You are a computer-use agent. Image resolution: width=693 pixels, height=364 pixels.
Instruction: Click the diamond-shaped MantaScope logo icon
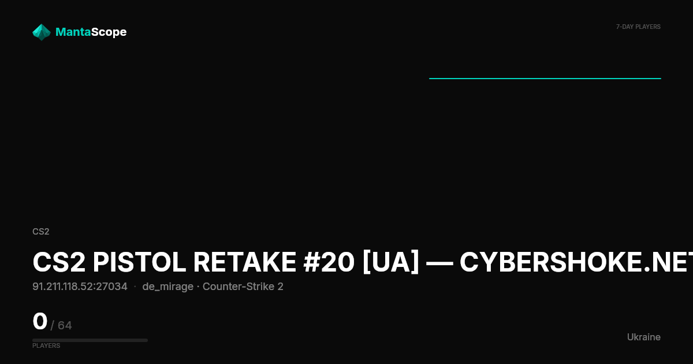click(42, 32)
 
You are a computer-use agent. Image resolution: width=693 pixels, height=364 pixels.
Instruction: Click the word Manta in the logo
click(73, 32)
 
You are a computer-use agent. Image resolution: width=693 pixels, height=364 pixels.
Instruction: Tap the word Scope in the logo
click(109, 32)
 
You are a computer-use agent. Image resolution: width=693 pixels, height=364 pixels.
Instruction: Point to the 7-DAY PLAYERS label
click(638, 27)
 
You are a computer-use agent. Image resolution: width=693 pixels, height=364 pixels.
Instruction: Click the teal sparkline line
click(545, 79)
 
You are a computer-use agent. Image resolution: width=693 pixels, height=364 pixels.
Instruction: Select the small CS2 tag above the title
click(41, 232)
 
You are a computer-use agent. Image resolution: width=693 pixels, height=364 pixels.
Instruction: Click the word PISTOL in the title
click(139, 262)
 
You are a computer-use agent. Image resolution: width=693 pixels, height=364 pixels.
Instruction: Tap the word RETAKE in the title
click(245, 262)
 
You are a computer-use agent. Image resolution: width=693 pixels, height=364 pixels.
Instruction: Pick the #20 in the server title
click(329, 262)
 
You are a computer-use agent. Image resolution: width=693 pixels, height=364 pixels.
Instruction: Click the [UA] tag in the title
click(391, 262)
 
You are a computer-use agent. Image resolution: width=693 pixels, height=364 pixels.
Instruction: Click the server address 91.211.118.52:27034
click(80, 287)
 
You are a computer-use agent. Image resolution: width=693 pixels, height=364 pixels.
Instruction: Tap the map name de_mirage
click(167, 287)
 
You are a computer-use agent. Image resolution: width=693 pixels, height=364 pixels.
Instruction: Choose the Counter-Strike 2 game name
click(243, 287)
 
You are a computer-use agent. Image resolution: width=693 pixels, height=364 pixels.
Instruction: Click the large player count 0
click(40, 321)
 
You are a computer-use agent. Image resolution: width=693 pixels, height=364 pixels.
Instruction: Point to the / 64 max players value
click(61, 325)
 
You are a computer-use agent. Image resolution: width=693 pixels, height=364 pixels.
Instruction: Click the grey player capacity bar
click(90, 340)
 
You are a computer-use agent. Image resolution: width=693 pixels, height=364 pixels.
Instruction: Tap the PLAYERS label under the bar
click(46, 346)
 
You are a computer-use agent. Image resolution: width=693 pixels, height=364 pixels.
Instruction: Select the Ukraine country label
click(644, 337)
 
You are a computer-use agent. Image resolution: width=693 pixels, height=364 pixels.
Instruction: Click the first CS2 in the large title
click(59, 262)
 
